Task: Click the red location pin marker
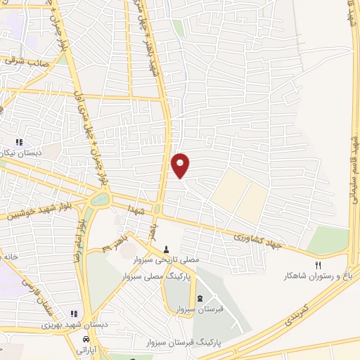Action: (x=181, y=165)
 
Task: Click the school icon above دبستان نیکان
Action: (x=29, y=142)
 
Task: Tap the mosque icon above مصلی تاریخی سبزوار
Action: (x=166, y=248)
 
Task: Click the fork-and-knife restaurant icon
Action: (x=317, y=265)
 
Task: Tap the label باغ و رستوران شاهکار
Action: (x=317, y=276)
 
